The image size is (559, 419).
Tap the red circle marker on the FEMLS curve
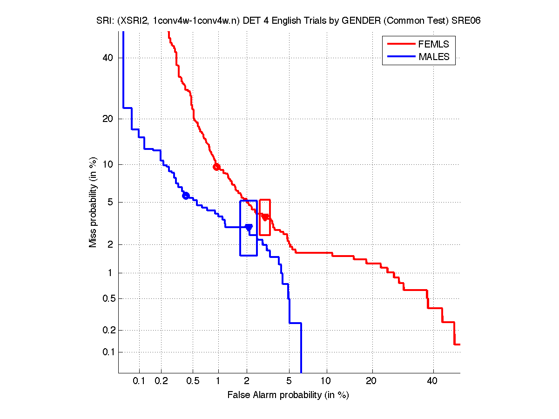[216, 167]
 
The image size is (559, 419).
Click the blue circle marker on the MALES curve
[186, 196]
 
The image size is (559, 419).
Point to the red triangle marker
[265, 217]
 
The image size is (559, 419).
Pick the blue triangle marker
[249, 228]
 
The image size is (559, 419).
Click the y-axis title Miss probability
[94, 203]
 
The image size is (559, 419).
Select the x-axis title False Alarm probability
[288, 395]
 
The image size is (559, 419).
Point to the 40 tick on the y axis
[108, 58]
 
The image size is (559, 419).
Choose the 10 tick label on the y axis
[108, 164]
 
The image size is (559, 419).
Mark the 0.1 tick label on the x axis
[139, 381]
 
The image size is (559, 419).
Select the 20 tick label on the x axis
[371, 381]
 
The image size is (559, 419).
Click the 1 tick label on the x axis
[218, 381]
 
